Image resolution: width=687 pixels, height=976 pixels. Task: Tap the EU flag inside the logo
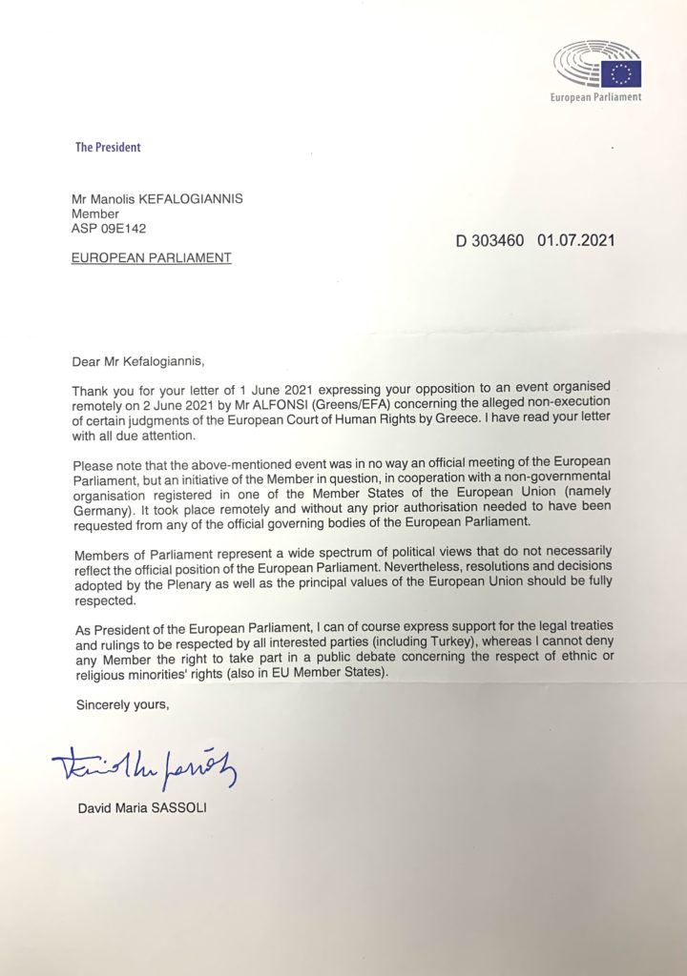625,72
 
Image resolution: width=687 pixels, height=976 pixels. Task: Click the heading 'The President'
108,148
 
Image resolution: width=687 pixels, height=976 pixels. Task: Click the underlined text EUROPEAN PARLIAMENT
151,257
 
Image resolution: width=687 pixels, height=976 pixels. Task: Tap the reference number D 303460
490,240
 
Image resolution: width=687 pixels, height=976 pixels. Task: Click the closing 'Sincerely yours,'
114,706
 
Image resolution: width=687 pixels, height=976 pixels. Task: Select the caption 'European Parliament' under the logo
596,97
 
